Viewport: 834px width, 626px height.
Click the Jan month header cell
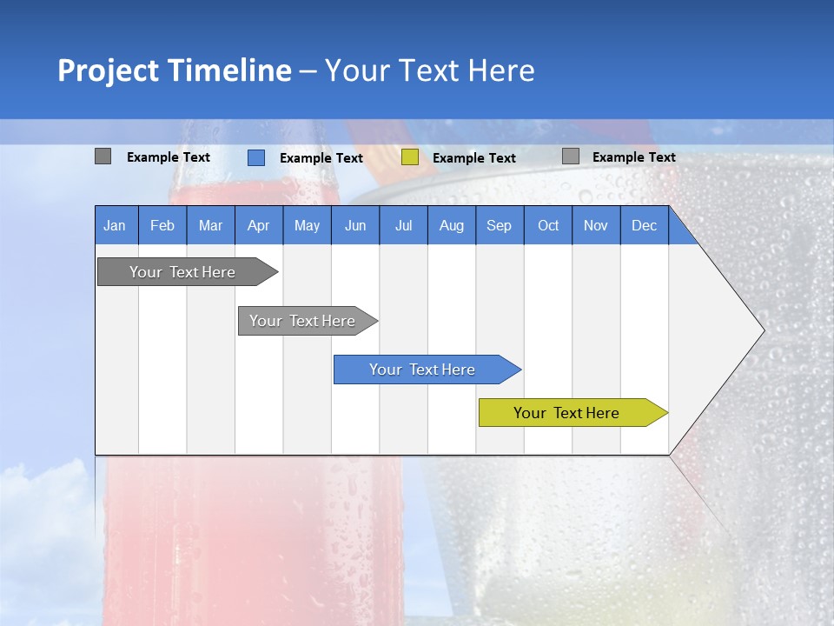coord(115,226)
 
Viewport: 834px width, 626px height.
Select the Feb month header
coord(162,226)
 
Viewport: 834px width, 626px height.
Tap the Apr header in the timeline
coord(258,226)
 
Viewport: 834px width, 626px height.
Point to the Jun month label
coord(355,226)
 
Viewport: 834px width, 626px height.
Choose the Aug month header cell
coord(451,226)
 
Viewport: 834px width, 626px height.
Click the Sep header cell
coord(499,226)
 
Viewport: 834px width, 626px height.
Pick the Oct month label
coord(548,226)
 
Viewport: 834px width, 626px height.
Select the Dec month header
coord(644,226)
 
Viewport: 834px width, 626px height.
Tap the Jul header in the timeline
coord(403,226)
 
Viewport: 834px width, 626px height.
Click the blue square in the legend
coord(256,157)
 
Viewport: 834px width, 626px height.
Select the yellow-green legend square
coord(410,157)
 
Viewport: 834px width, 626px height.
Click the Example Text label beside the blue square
coord(321,158)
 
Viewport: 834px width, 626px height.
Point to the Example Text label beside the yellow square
coord(474,158)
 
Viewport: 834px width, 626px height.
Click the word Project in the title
coord(109,70)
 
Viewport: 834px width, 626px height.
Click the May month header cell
coord(307,226)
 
